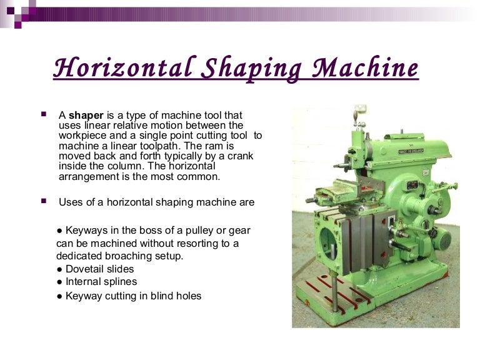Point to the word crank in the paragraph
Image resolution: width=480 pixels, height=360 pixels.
pyautogui.click(x=240, y=156)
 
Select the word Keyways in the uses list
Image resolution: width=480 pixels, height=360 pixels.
pyautogui.click(x=86, y=231)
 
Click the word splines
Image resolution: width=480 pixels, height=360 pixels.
pyautogui.click(x=119, y=282)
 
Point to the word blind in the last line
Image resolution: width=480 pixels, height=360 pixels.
pyautogui.click(x=161, y=296)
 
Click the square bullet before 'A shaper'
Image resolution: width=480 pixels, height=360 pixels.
pyautogui.click(x=44, y=115)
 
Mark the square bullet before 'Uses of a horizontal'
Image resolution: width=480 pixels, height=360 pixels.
pyautogui.click(x=44, y=201)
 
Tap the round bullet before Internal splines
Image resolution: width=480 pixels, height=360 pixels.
pyautogui.click(x=59, y=282)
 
